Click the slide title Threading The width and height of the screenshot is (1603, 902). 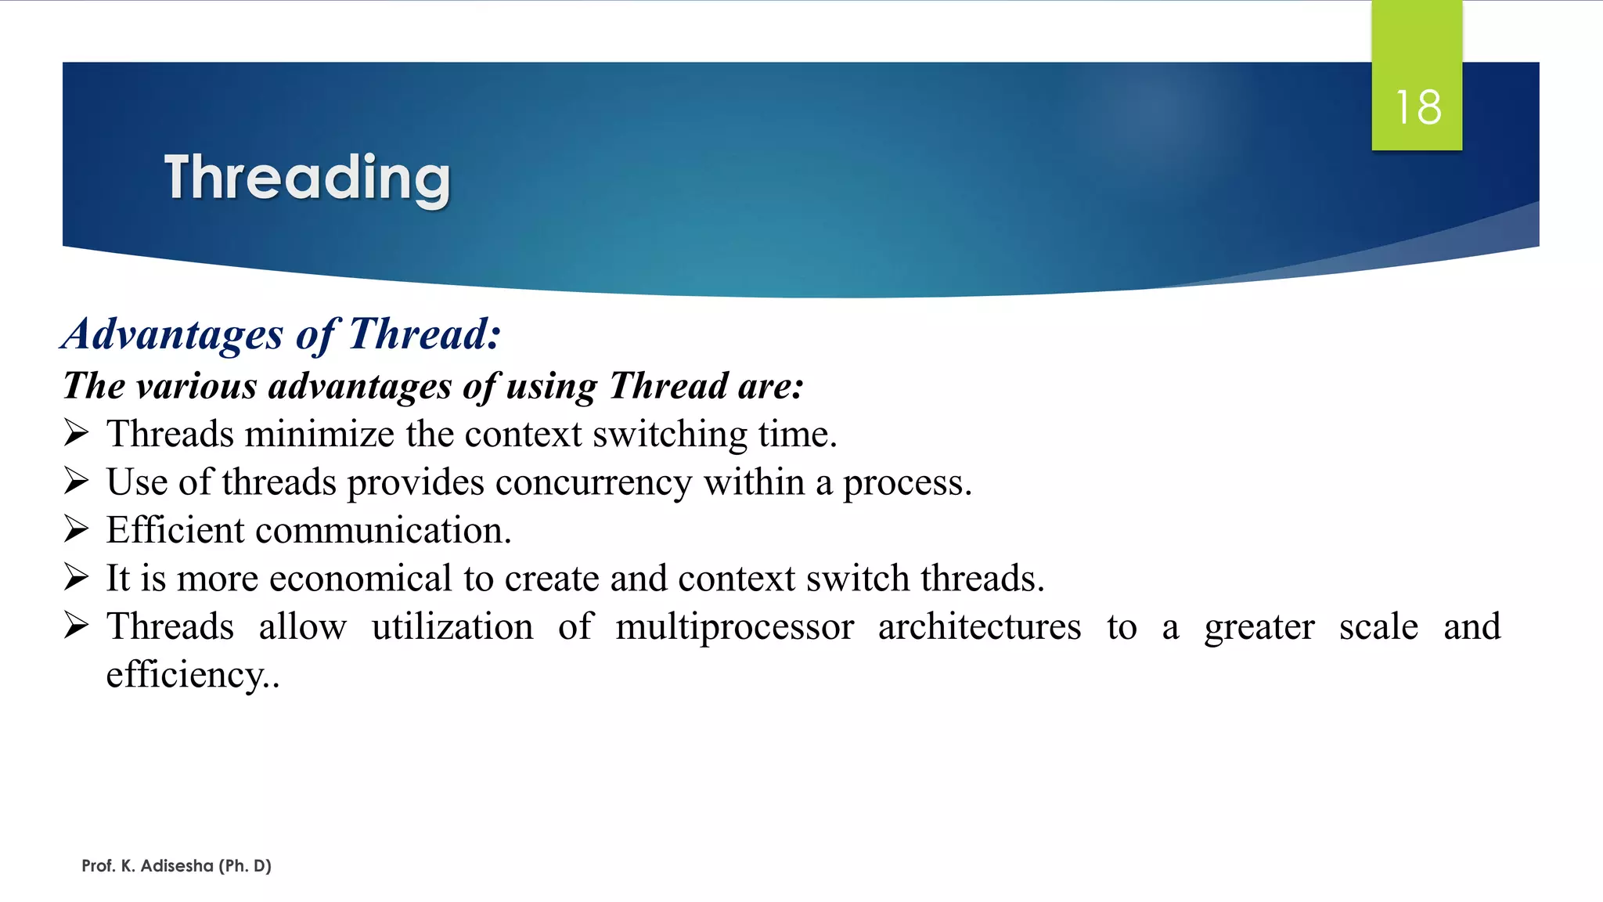pos(307,179)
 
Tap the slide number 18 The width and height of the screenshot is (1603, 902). pos(1417,107)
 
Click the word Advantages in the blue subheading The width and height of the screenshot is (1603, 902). pos(173,335)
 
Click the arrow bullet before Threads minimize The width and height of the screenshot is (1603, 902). pos(77,433)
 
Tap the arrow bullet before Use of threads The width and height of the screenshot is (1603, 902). pos(77,481)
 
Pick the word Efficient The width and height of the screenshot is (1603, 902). pos(175,530)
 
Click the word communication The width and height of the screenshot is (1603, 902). pos(383,531)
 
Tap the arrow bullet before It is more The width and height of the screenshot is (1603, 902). pos(77,577)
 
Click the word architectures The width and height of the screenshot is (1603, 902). pos(979,626)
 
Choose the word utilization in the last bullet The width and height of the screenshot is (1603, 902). pos(452,626)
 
